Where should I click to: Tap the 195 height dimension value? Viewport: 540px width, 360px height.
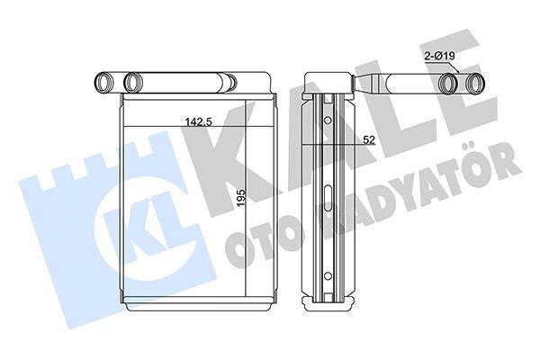pyautogui.click(x=241, y=197)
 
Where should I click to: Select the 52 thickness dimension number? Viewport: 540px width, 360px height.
pyautogui.click(x=368, y=139)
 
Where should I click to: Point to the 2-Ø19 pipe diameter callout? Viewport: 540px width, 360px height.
pyautogui.click(x=439, y=55)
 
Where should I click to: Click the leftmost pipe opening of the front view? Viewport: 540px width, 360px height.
pyautogui.click(x=103, y=82)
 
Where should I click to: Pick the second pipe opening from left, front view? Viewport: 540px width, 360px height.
pyautogui.click(x=133, y=82)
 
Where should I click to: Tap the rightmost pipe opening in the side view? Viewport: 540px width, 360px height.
pyautogui.click(x=475, y=83)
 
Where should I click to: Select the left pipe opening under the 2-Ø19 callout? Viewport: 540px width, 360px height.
pyautogui.click(x=450, y=83)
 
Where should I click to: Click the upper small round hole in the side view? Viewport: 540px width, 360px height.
pyautogui.click(x=328, y=121)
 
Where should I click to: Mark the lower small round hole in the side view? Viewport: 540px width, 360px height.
pyautogui.click(x=328, y=275)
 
